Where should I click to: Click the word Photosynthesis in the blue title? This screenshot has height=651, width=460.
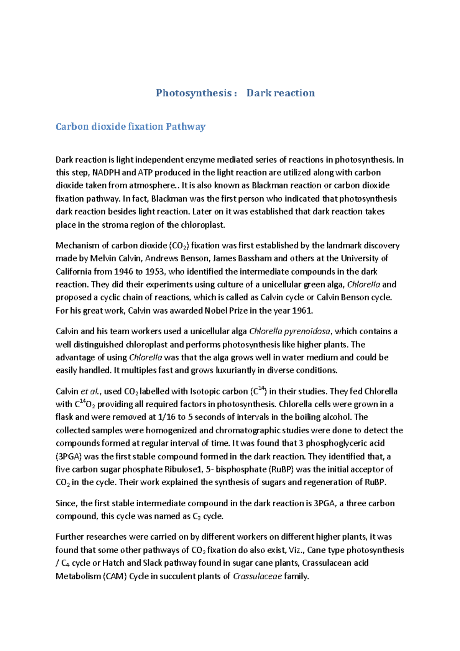[194, 93]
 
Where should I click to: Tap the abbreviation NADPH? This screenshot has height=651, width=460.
[106, 173]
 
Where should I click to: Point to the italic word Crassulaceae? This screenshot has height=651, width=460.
[257, 577]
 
